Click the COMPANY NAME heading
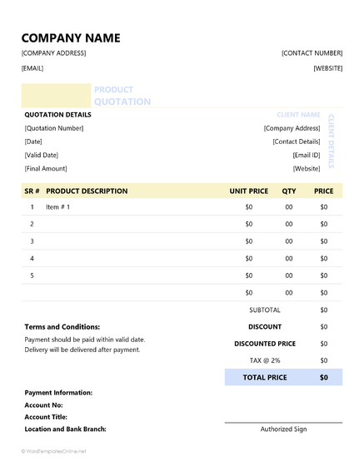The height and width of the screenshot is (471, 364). [x=70, y=37]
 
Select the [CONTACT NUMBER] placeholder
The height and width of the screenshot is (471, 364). [x=312, y=53]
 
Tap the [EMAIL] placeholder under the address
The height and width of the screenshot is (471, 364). [x=32, y=68]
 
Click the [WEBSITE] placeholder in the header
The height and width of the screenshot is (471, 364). [x=327, y=68]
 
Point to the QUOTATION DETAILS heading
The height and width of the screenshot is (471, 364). [x=58, y=114]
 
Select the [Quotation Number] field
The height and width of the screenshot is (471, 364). [x=54, y=128]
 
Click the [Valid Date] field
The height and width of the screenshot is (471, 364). [x=42, y=155]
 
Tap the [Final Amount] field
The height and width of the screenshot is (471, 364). [x=46, y=168]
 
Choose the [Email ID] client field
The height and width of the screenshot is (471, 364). [x=306, y=155]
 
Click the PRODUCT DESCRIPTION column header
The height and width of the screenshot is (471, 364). [x=87, y=191]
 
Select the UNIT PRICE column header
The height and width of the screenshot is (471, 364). [x=248, y=191]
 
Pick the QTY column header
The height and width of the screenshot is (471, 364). [x=289, y=191]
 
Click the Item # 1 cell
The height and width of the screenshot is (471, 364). [x=58, y=207]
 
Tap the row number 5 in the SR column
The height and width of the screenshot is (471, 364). [x=32, y=275]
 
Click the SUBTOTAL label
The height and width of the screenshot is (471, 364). [x=264, y=310]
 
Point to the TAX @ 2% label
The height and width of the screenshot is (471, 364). [x=264, y=359]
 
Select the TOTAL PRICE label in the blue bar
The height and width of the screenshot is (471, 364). [x=264, y=377]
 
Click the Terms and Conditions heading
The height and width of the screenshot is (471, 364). [x=62, y=327]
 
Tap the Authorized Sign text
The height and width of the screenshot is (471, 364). [x=283, y=429]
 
